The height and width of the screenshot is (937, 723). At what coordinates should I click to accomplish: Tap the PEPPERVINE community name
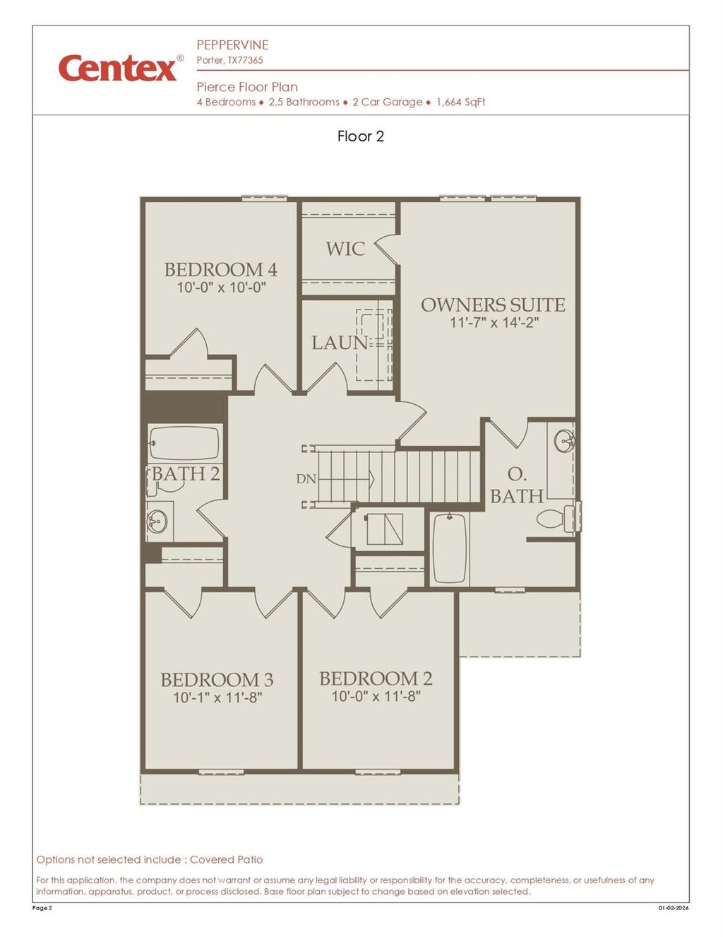click(232, 45)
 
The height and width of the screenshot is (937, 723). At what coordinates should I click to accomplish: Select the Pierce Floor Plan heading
click(247, 87)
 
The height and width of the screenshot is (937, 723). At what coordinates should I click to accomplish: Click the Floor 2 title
click(361, 136)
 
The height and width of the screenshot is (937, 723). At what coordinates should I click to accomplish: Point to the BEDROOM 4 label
click(220, 269)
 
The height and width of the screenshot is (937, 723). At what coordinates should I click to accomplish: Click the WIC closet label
click(345, 249)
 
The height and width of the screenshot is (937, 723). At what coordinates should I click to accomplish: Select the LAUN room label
click(340, 343)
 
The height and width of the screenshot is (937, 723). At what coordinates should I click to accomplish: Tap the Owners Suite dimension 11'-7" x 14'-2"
click(494, 322)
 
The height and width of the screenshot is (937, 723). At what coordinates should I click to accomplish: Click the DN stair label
click(306, 478)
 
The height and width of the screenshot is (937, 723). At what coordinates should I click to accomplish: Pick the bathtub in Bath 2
click(184, 443)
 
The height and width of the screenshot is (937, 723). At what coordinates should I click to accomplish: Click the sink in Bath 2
click(157, 522)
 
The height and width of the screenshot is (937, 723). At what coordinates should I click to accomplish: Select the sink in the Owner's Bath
click(564, 441)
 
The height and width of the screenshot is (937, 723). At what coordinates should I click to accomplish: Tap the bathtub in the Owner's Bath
click(449, 548)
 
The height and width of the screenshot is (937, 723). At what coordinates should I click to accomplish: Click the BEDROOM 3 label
click(217, 680)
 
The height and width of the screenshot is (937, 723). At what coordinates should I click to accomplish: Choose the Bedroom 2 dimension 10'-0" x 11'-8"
click(376, 696)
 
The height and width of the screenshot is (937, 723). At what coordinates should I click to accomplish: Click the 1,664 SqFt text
click(460, 102)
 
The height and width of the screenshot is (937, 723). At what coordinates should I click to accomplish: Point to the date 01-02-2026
click(673, 908)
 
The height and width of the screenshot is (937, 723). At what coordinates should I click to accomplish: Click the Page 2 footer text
click(42, 908)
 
